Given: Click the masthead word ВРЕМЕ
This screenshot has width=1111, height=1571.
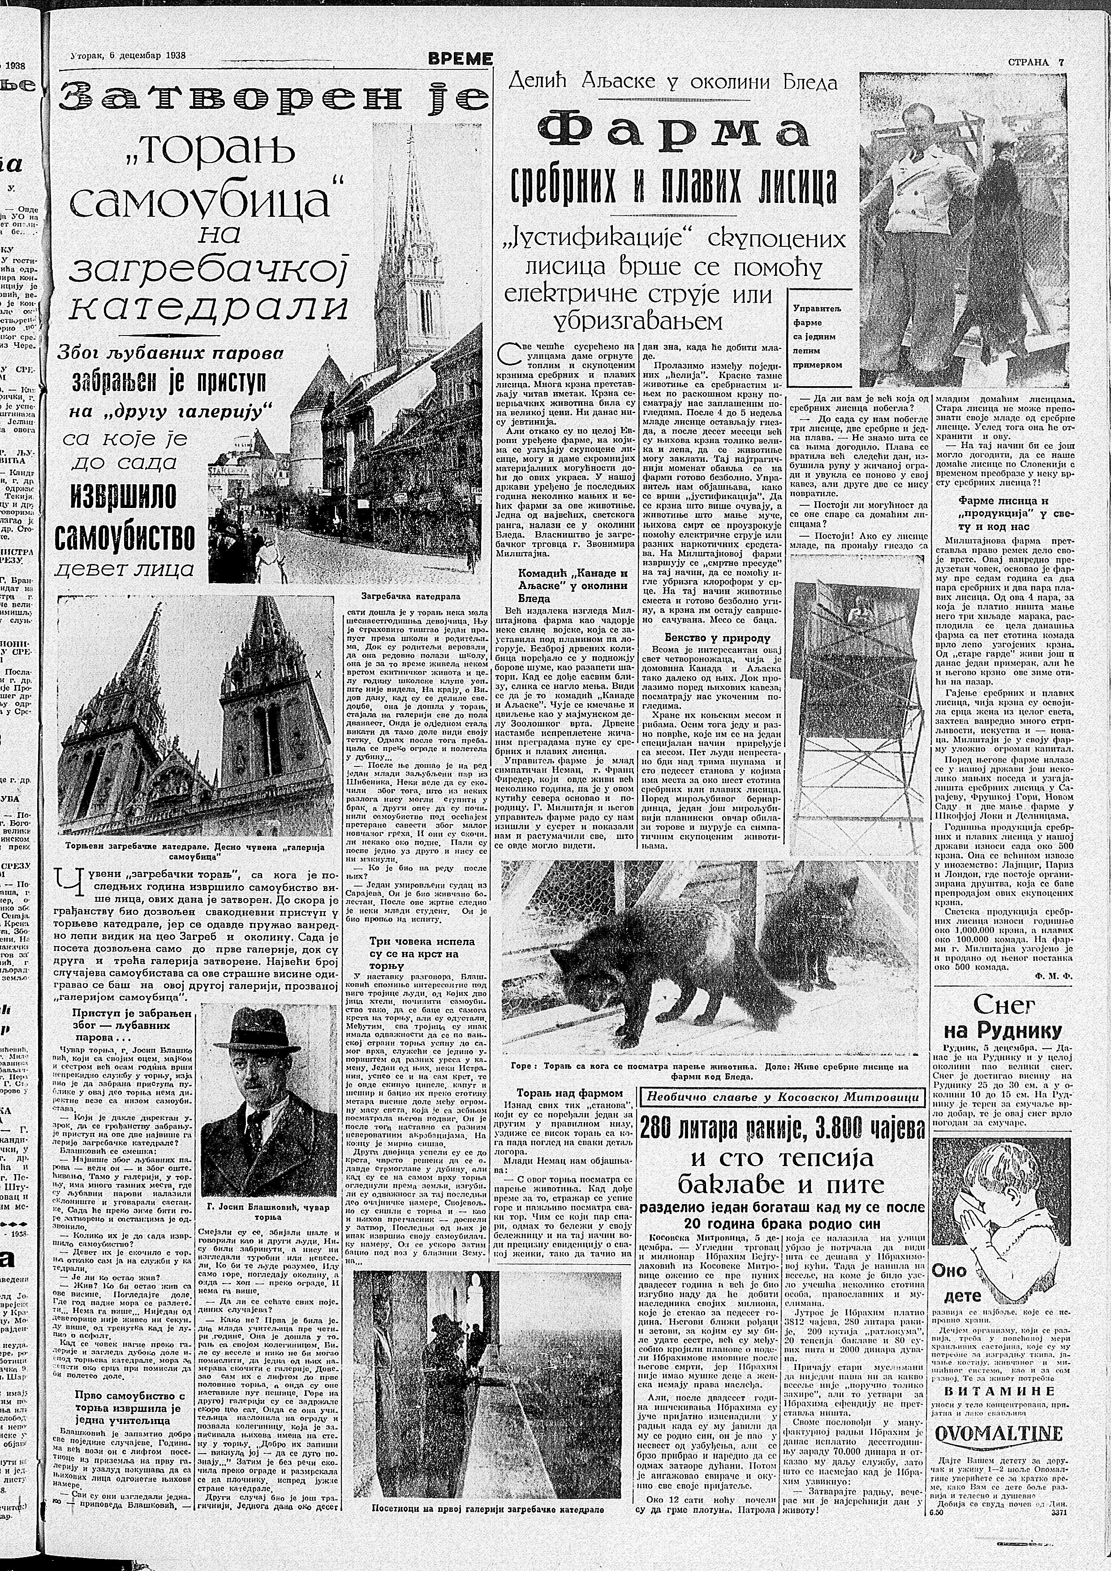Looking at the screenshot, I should click(x=460, y=60).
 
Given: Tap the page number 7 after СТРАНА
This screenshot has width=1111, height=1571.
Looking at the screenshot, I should click(x=1061, y=61).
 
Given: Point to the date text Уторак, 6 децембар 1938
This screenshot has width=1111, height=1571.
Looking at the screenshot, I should click(x=129, y=56).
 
